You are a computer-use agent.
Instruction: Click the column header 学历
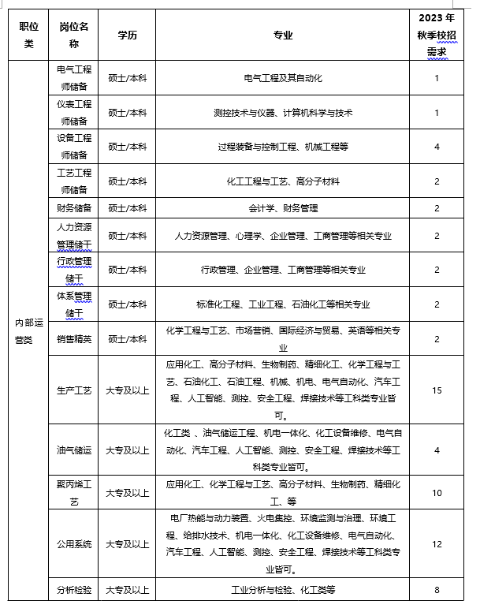click(127, 35)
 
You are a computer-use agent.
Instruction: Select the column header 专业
click(282, 35)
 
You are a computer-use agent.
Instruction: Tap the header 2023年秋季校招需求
click(437, 35)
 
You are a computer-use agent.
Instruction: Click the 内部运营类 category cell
click(24, 329)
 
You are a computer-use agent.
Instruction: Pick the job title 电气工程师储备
click(75, 78)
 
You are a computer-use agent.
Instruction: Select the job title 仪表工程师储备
click(75, 113)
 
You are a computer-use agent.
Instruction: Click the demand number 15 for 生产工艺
click(437, 390)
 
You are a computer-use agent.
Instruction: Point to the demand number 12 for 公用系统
click(437, 544)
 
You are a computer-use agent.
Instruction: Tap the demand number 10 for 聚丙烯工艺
click(437, 493)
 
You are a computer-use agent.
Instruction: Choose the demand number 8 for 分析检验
click(437, 589)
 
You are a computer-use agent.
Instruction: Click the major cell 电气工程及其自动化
click(282, 78)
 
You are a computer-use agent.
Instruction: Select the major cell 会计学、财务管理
click(282, 208)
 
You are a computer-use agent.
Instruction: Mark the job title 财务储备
click(75, 208)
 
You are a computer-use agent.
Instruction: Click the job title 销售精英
click(75, 339)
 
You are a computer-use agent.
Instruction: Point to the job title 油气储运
click(75, 450)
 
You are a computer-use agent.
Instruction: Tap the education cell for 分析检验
click(127, 589)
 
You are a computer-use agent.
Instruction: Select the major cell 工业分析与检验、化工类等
click(282, 589)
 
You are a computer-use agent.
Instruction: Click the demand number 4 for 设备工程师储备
click(437, 147)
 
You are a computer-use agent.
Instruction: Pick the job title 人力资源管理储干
click(75, 235)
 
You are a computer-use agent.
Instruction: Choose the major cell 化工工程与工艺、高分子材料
click(282, 181)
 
